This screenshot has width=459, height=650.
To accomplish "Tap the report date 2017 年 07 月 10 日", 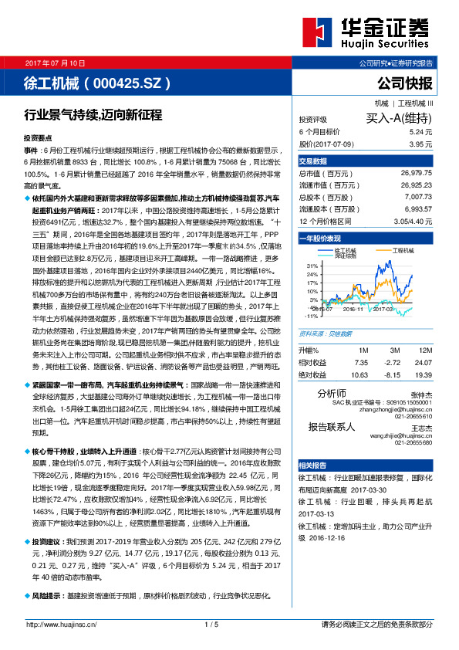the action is (56, 62).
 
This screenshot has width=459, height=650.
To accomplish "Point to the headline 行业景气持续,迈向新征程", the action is (93, 115).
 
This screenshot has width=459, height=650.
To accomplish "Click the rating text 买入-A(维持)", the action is (397, 118).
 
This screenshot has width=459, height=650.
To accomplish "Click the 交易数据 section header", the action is (313, 161).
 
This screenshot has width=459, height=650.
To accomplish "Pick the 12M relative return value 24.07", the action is (421, 361).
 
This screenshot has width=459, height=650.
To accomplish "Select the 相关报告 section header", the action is (312, 465).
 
